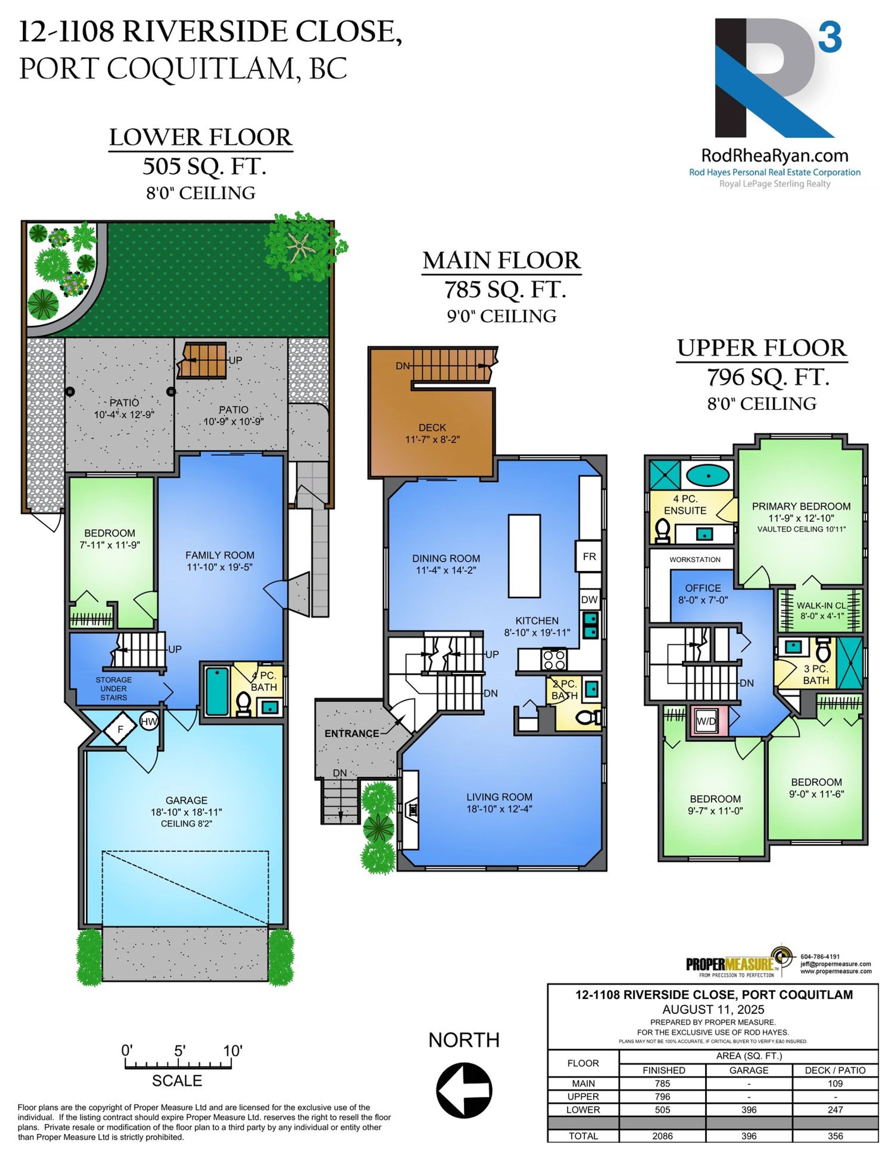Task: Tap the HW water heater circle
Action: [149, 721]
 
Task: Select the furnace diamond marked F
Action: [120, 729]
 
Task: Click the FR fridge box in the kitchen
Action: [589, 557]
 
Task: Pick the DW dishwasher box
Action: [589, 600]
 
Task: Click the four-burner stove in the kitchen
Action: [554, 659]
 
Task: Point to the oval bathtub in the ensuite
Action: [707, 474]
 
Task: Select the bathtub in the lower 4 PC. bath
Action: [216, 690]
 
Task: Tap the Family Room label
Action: [220, 555]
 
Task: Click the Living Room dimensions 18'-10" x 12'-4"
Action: [499, 809]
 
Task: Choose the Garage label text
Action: [186, 801]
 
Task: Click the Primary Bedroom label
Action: [801, 506]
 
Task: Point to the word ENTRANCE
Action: [352, 734]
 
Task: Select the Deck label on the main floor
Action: [432, 427]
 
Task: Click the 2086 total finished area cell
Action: [662, 1135]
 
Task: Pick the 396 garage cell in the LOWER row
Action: [748, 1109]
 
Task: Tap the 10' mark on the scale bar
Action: [232, 1050]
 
